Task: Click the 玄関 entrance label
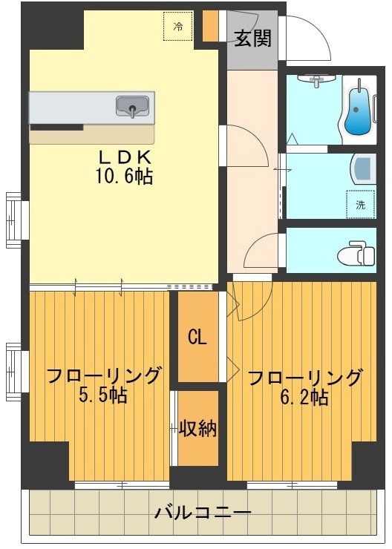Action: click(x=252, y=38)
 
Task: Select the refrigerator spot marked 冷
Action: click(x=178, y=26)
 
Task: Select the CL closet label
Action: click(x=197, y=338)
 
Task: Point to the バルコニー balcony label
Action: click(x=203, y=513)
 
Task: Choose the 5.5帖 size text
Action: click(x=102, y=395)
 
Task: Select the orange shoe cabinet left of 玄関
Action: click(x=211, y=27)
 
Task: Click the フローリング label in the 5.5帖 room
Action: click(x=103, y=375)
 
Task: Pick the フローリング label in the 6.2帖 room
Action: click(x=304, y=378)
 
